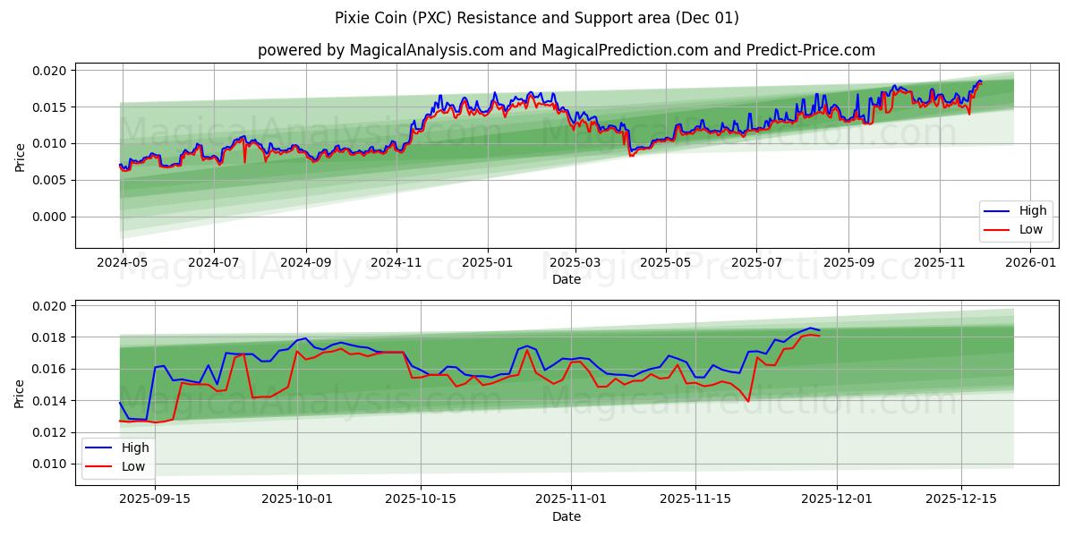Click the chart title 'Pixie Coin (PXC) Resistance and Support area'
[537, 18]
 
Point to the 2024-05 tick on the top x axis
[122, 263]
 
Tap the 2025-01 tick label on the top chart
[488, 263]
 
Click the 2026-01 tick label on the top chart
[1031, 263]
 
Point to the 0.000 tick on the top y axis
[50, 217]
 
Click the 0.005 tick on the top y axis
[50, 180]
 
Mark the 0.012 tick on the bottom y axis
[50, 432]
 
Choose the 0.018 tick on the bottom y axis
[50, 337]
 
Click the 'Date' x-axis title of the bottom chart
[566, 516]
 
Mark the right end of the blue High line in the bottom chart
[819, 330]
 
